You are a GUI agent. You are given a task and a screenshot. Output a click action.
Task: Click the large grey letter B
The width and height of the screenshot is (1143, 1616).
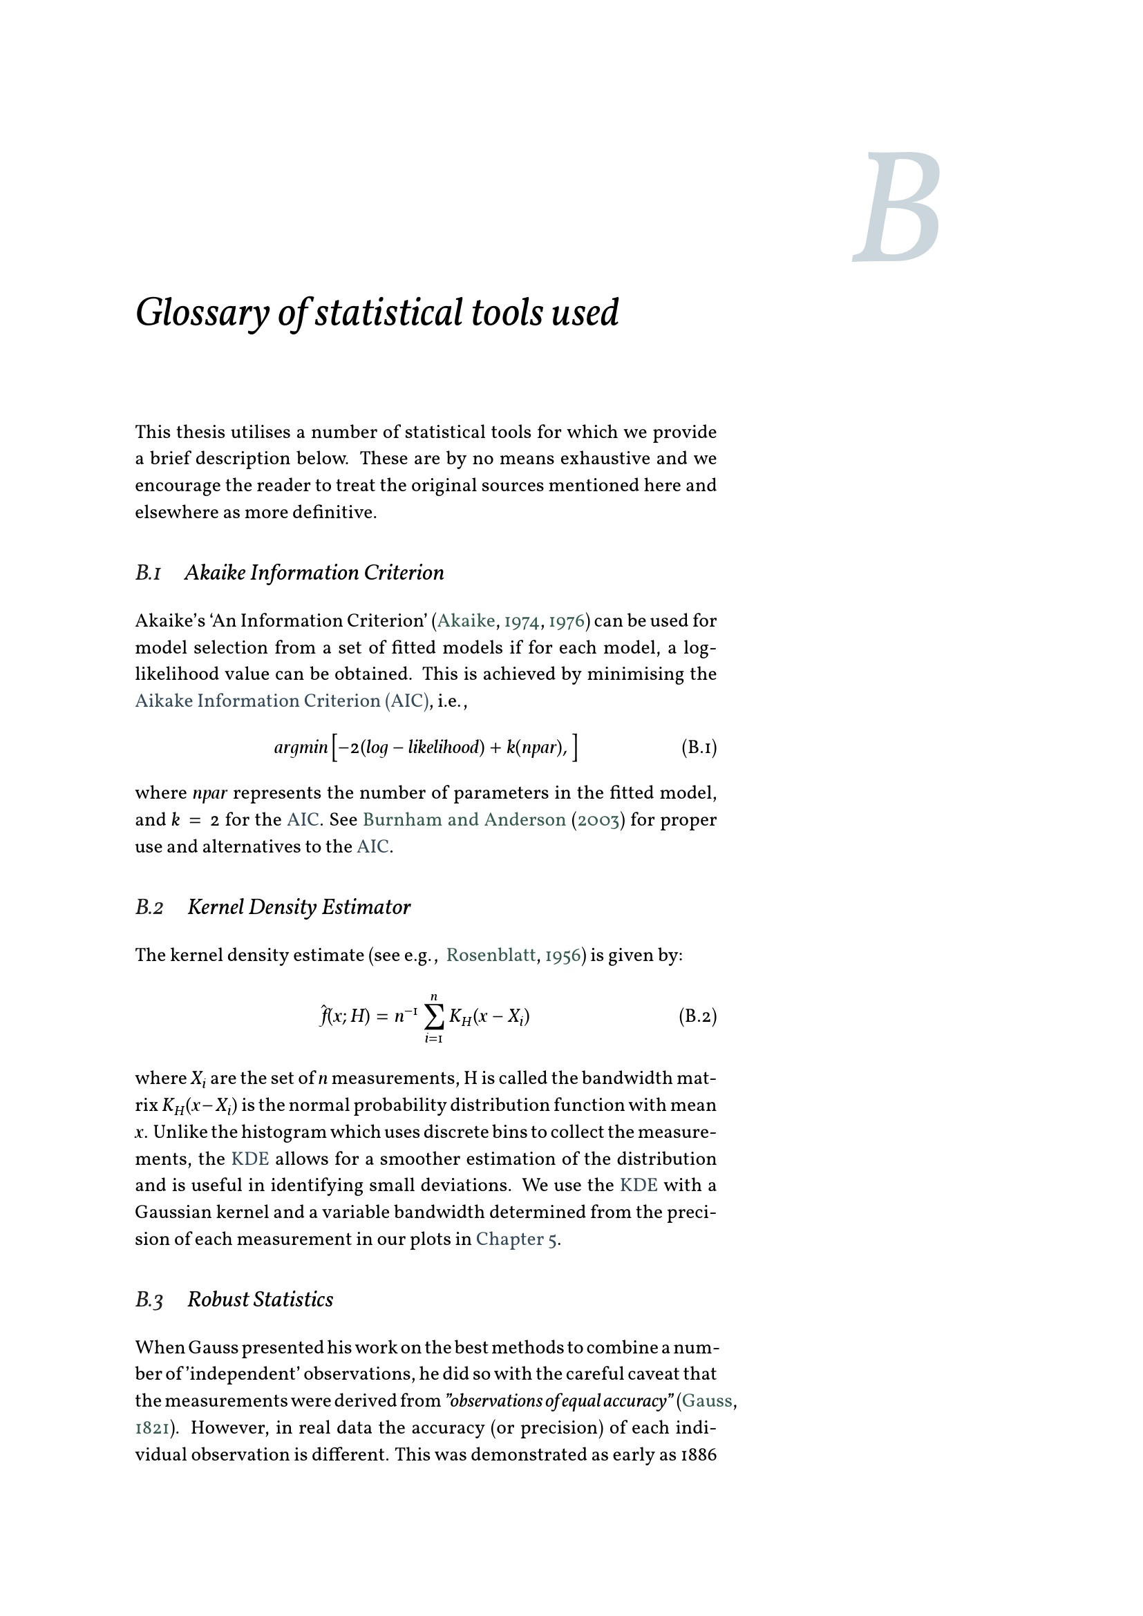click(898, 208)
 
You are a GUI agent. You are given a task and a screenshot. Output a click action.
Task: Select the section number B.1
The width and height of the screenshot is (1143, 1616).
click(148, 573)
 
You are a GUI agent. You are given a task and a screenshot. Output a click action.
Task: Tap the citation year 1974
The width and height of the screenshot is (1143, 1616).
click(522, 621)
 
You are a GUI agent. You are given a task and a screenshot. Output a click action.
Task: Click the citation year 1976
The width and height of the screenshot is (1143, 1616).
click(565, 621)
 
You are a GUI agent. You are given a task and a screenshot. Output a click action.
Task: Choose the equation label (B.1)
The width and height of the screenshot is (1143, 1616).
click(698, 748)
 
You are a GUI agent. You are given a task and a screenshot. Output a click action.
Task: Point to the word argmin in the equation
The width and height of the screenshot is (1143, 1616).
click(301, 748)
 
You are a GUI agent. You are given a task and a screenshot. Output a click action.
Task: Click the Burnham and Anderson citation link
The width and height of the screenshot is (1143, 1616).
click(464, 820)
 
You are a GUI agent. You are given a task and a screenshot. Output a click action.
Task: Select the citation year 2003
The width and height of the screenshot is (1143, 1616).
click(597, 820)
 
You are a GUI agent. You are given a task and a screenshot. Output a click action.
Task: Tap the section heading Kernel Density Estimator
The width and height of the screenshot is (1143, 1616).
click(299, 907)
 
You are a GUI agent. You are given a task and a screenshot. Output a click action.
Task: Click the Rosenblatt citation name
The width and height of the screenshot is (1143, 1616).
click(491, 955)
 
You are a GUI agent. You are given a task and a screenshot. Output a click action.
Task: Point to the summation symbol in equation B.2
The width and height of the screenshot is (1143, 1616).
click(434, 1016)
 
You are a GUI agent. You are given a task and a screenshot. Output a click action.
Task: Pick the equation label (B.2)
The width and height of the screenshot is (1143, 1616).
click(697, 1016)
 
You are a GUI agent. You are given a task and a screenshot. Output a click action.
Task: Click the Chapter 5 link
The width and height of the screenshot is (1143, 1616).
click(518, 1239)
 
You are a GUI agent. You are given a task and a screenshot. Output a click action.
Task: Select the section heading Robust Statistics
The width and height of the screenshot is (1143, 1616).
click(261, 1300)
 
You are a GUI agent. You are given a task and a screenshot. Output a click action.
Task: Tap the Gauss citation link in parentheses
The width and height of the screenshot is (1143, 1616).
click(707, 1400)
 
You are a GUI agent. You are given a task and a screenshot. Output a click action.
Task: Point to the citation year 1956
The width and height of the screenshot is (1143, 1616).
click(563, 955)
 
